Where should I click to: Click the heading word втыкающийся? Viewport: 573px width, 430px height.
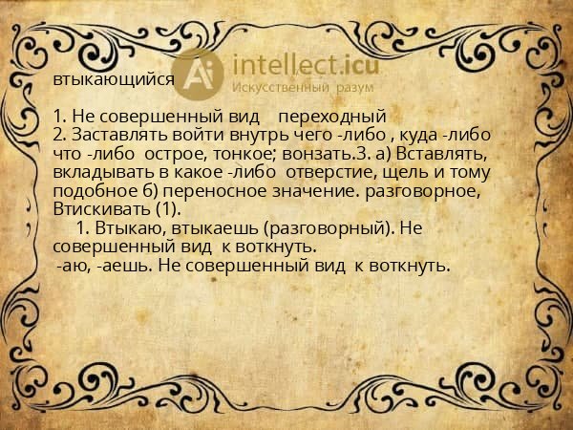coord(114,80)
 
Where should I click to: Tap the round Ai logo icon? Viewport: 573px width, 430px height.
coord(199,74)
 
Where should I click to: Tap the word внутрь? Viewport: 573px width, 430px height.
coord(283,135)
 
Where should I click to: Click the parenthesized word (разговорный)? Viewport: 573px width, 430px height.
coord(317,229)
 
